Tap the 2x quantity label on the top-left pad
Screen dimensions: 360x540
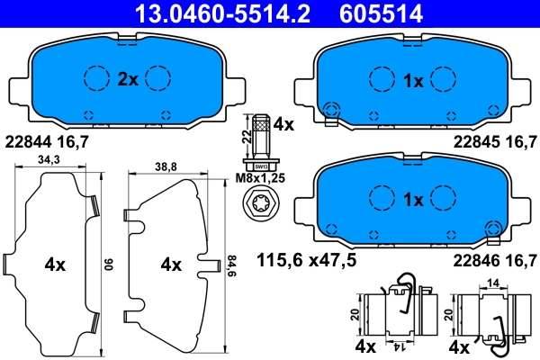click(127, 79)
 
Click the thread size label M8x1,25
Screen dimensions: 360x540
click(260, 179)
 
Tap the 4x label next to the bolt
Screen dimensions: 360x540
click(283, 125)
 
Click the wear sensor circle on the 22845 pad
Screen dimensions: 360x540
click(330, 111)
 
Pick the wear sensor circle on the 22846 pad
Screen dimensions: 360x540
click(492, 229)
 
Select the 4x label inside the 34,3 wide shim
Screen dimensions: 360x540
click(55, 265)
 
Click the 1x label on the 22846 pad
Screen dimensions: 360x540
click(413, 200)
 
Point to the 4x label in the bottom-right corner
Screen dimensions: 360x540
click(458, 346)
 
